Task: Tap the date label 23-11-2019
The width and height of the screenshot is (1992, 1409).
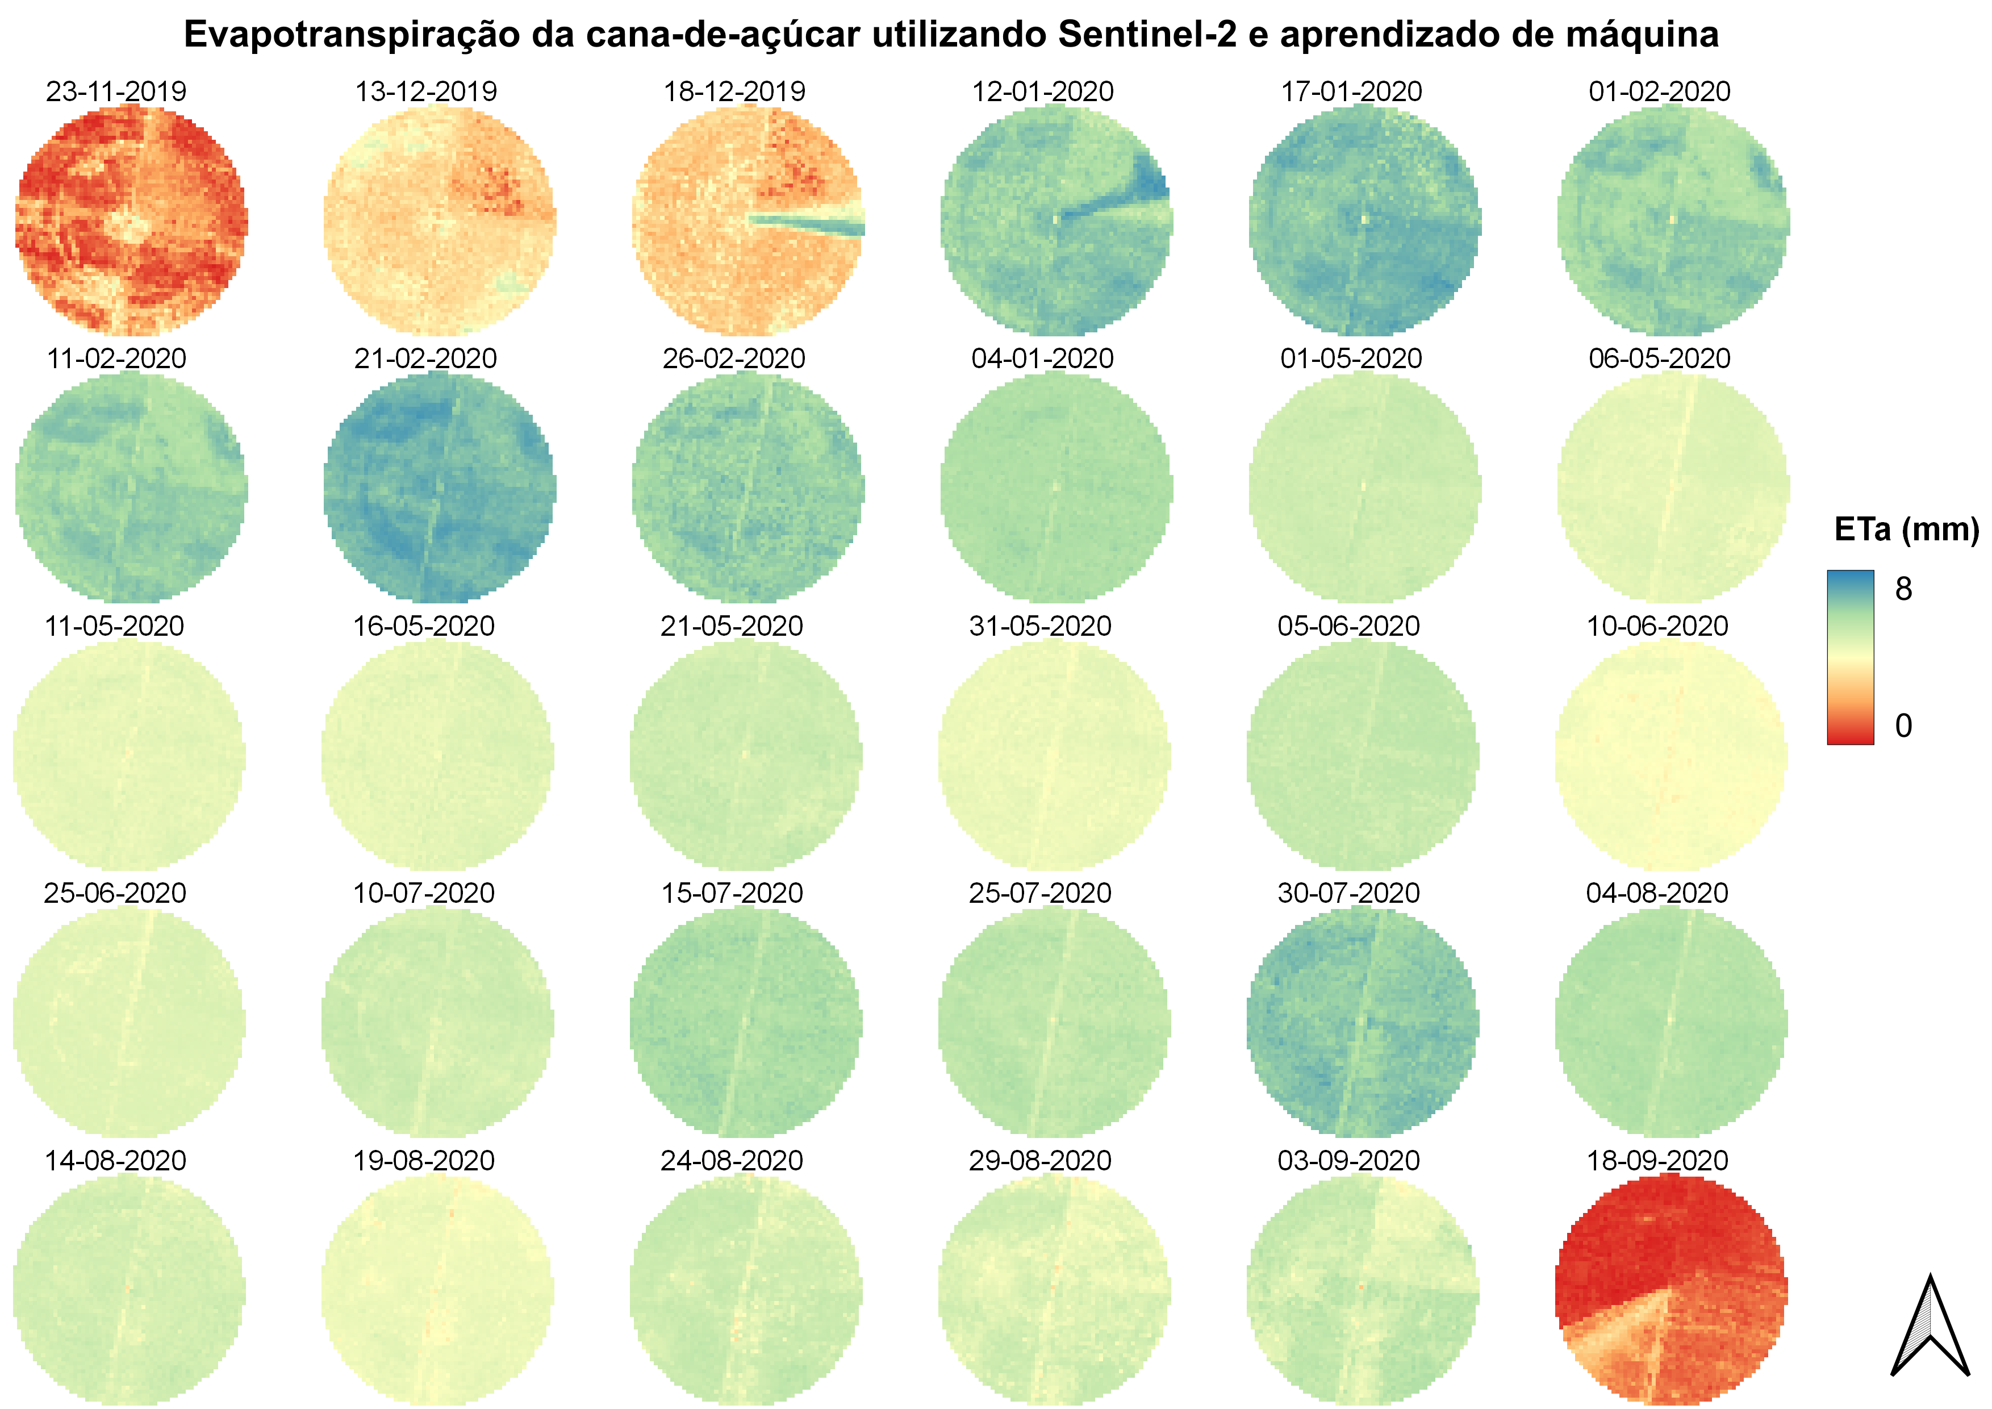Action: click(x=116, y=91)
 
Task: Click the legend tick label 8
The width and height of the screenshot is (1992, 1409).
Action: click(x=1903, y=589)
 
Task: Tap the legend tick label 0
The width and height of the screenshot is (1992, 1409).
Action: click(x=1903, y=726)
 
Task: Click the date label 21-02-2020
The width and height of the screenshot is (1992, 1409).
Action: click(x=425, y=358)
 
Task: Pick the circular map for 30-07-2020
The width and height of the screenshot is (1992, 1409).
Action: click(x=1362, y=1022)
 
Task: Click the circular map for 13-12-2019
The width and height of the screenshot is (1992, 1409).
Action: click(x=440, y=220)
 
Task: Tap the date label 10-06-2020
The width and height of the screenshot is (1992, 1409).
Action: click(x=1657, y=626)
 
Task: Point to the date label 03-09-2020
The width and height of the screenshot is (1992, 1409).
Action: click(x=1348, y=1160)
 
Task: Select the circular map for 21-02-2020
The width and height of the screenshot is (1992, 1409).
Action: click(x=440, y=487)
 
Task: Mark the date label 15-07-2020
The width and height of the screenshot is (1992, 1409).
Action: click(x=732, y=893)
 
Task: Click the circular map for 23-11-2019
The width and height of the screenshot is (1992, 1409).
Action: click(x=131, y=220)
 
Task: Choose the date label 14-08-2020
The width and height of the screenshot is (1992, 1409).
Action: click(x=115, y=1160)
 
